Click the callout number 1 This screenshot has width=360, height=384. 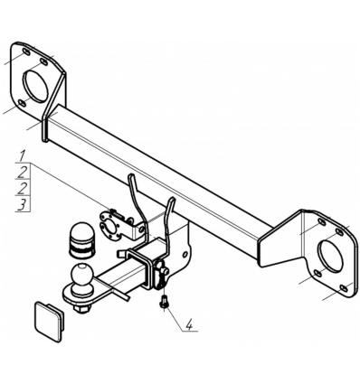23,156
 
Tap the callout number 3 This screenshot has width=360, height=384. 22,205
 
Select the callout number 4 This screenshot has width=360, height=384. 189,326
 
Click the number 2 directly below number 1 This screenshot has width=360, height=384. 22,173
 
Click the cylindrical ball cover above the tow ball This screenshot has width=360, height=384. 81,240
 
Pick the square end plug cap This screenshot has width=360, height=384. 50,321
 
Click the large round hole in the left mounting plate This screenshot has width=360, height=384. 36,86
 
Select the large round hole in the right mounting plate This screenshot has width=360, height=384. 331,256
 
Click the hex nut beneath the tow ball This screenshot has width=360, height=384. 82,309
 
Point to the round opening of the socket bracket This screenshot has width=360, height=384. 112,228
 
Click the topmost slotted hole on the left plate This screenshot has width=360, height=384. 26,52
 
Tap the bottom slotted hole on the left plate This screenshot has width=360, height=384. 22,103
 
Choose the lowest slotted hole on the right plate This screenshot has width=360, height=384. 344,288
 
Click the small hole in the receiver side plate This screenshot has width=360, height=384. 185,254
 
